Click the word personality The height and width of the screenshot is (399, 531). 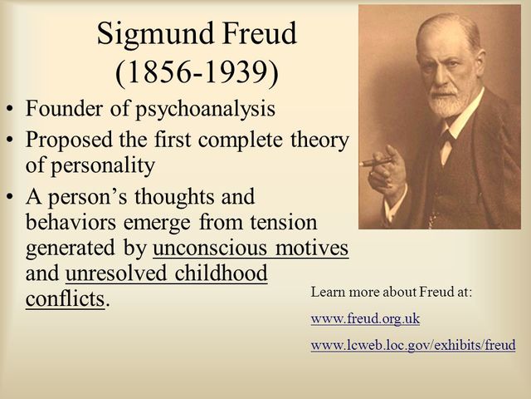(114, 165)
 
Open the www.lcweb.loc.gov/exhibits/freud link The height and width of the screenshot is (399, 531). (412, 343)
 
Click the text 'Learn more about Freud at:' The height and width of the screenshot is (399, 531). (388, 293)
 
